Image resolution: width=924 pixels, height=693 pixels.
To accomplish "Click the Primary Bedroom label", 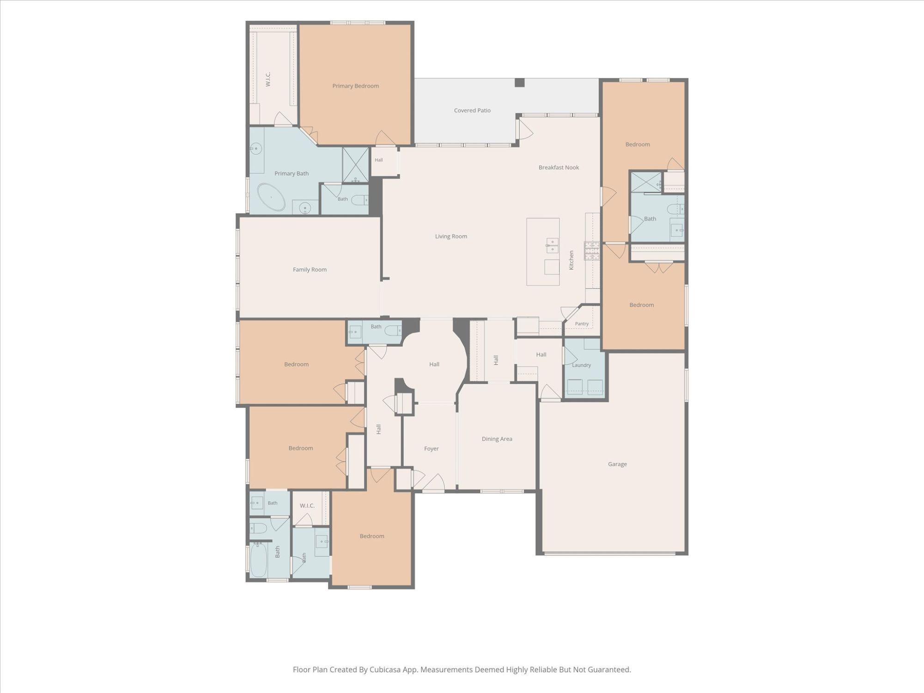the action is tap(356, 86).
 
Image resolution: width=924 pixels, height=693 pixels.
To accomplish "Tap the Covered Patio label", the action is tap(472, 110).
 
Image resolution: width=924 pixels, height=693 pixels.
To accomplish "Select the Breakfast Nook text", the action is tap(559, 167).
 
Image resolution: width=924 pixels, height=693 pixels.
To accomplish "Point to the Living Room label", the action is tap(451, 236).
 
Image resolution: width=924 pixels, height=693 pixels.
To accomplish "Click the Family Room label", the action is tap(310, 269).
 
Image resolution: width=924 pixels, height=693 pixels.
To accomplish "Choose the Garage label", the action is tap(617, 464).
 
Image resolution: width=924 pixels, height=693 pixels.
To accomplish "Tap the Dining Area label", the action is tap(497, 439).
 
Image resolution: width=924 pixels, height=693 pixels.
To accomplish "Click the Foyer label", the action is tap(432, 449).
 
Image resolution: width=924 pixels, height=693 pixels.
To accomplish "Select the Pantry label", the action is tap(582, 324).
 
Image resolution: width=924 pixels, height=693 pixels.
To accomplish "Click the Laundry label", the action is tap(581, 365).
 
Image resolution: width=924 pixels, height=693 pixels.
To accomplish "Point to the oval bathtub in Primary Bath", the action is tap(271, 197).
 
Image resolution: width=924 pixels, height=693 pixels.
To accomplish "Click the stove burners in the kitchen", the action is tap(592, 251).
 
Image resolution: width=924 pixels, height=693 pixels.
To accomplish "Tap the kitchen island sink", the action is tap(552, 245).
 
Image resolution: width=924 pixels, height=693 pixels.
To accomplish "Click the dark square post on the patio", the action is tap(520, 83).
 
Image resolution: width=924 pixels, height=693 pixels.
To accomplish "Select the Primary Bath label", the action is tap(292, 174).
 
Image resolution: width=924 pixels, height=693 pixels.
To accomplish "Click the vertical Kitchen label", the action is tap(571, 260).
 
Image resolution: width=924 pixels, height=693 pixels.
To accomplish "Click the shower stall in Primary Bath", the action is tap(355, 165).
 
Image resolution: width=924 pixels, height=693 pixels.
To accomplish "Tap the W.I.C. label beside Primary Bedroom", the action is tap(268, 79).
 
